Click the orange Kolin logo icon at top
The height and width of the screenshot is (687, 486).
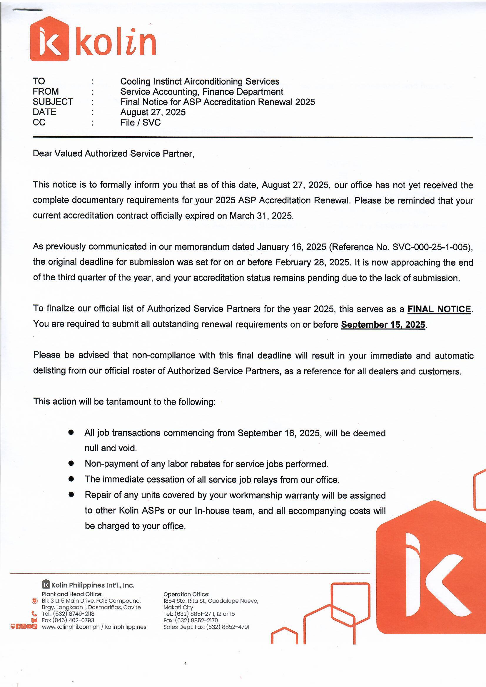point(50,38)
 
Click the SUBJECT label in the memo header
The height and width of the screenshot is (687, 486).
point(53,102)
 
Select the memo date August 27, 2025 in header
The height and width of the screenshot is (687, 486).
point(153,112)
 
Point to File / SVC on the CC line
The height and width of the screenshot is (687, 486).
point(141,122)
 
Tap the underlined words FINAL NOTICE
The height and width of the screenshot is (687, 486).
point(439,309)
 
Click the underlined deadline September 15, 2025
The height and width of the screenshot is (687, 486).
point(383,325)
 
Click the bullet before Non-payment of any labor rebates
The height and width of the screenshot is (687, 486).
point(71,463)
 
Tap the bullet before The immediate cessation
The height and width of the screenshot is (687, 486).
point(71,479)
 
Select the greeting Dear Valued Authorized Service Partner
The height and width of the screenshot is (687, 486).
point(113,153)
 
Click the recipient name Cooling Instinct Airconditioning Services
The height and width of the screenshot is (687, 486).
point(200,81)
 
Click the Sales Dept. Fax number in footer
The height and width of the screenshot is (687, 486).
point(228,627)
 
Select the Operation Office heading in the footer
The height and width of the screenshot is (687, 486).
point(186,594)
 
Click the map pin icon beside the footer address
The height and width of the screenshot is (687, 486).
point(34,601)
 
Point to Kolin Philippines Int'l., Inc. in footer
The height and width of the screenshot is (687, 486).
point(93,585)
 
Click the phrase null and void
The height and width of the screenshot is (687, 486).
point(111,448)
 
